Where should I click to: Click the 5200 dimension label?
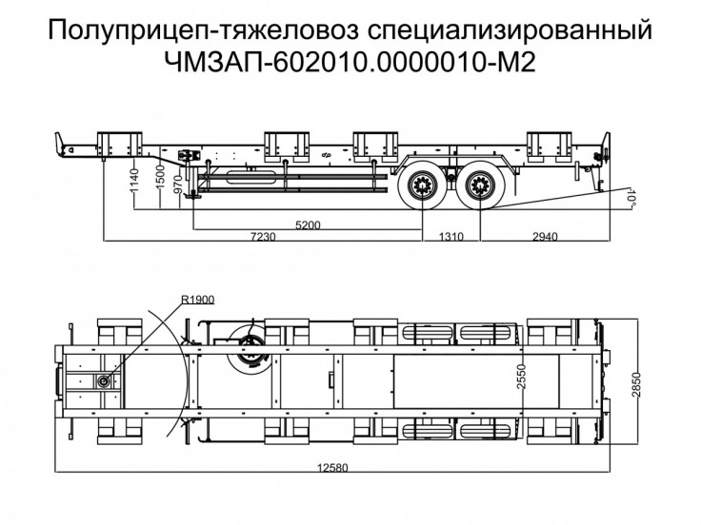click(308, 224)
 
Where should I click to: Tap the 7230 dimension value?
click(263, 236)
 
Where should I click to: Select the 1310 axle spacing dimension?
click(451, 236)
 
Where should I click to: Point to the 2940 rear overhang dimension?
click(545, 236)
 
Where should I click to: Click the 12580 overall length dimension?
click(332, 468)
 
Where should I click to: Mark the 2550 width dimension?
click(521, 378)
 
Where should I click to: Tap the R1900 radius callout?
click(198, 299)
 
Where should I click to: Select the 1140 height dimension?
click(134, 182)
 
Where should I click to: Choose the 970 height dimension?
click(178, 184)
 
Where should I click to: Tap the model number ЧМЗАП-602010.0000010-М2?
click(350, 63)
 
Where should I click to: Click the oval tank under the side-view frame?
click(250, 177)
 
